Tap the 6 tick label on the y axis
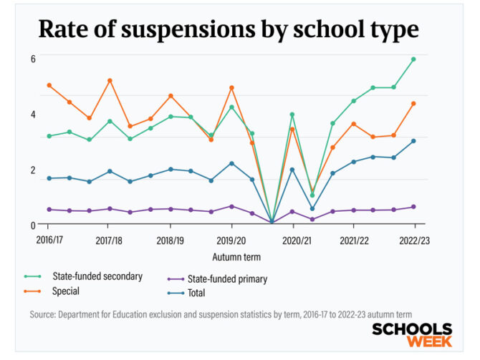tap(32, 58)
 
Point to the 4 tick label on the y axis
tap(32, 115)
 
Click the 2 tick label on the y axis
tap(32, 170)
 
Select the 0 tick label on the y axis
tap(32, 225)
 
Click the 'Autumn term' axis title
tap(236, 256)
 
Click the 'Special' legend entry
tap(65, 291)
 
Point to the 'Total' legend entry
tap(196, 293)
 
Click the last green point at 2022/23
tap(413, 59)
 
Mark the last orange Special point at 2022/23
tap(413, 103)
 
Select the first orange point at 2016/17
tap(49, 85)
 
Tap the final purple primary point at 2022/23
tap(413, 207)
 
